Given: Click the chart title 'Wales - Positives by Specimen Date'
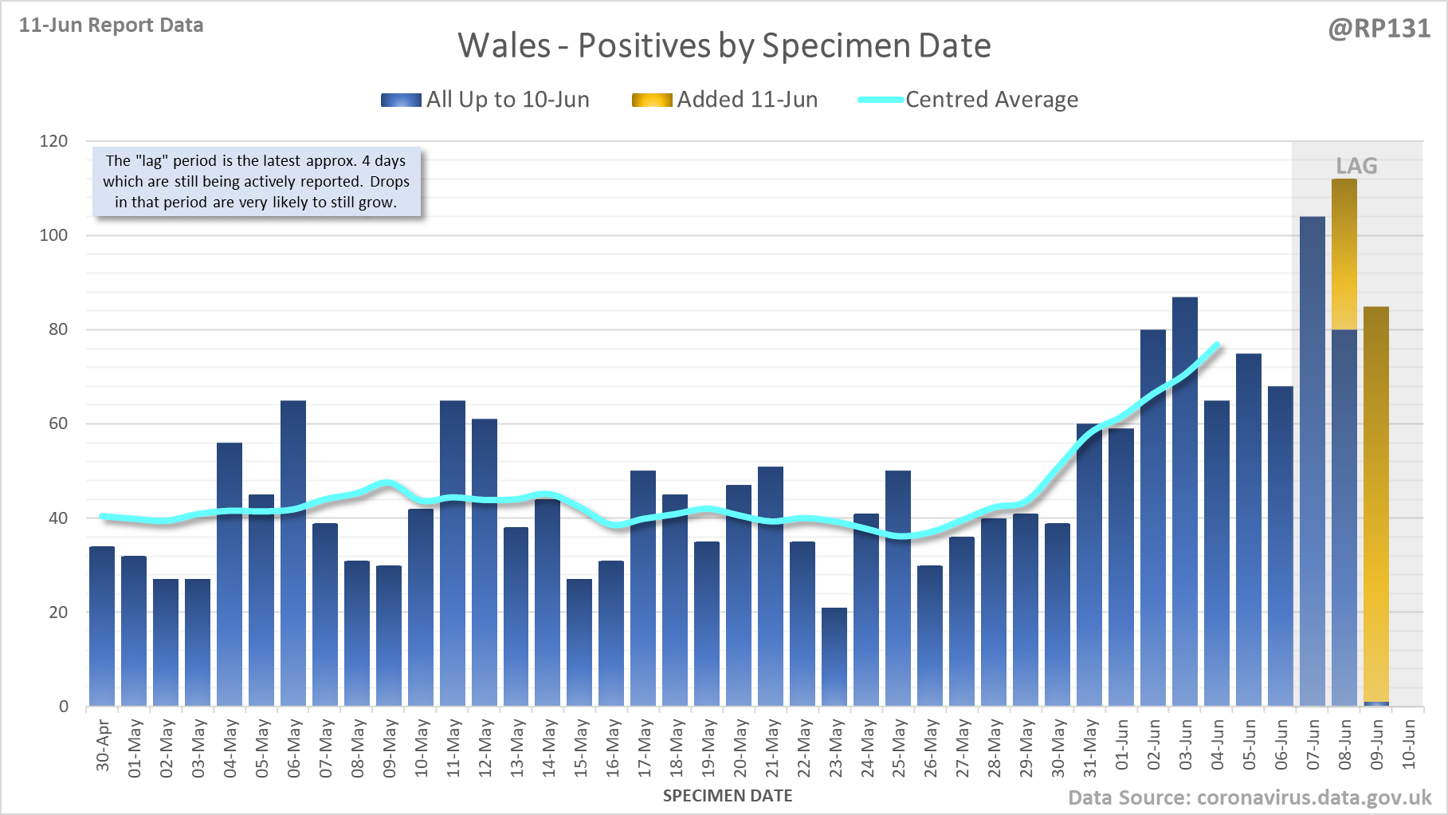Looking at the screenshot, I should point(724,45).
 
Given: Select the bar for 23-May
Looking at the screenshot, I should point(834,657).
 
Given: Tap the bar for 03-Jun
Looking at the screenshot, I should point(1185,502).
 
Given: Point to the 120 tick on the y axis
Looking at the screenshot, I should point(54,141).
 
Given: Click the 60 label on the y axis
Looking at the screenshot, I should point(58,423).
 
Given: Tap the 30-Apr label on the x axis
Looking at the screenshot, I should point(103,746).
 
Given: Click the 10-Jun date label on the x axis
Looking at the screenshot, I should point(1409,744).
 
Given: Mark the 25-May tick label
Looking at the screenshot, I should point(899,747).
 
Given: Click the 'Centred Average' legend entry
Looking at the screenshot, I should point(991,100).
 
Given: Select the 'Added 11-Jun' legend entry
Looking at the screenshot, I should point(747,100).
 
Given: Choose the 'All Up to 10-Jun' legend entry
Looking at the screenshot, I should point(508,100).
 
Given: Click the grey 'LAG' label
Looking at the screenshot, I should point(1356,166).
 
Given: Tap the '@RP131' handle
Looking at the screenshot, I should point(1379,29).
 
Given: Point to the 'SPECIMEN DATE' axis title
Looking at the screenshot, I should point(728,796).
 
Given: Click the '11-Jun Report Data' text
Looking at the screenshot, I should point(112,26).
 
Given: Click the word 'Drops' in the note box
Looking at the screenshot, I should point(390,182).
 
